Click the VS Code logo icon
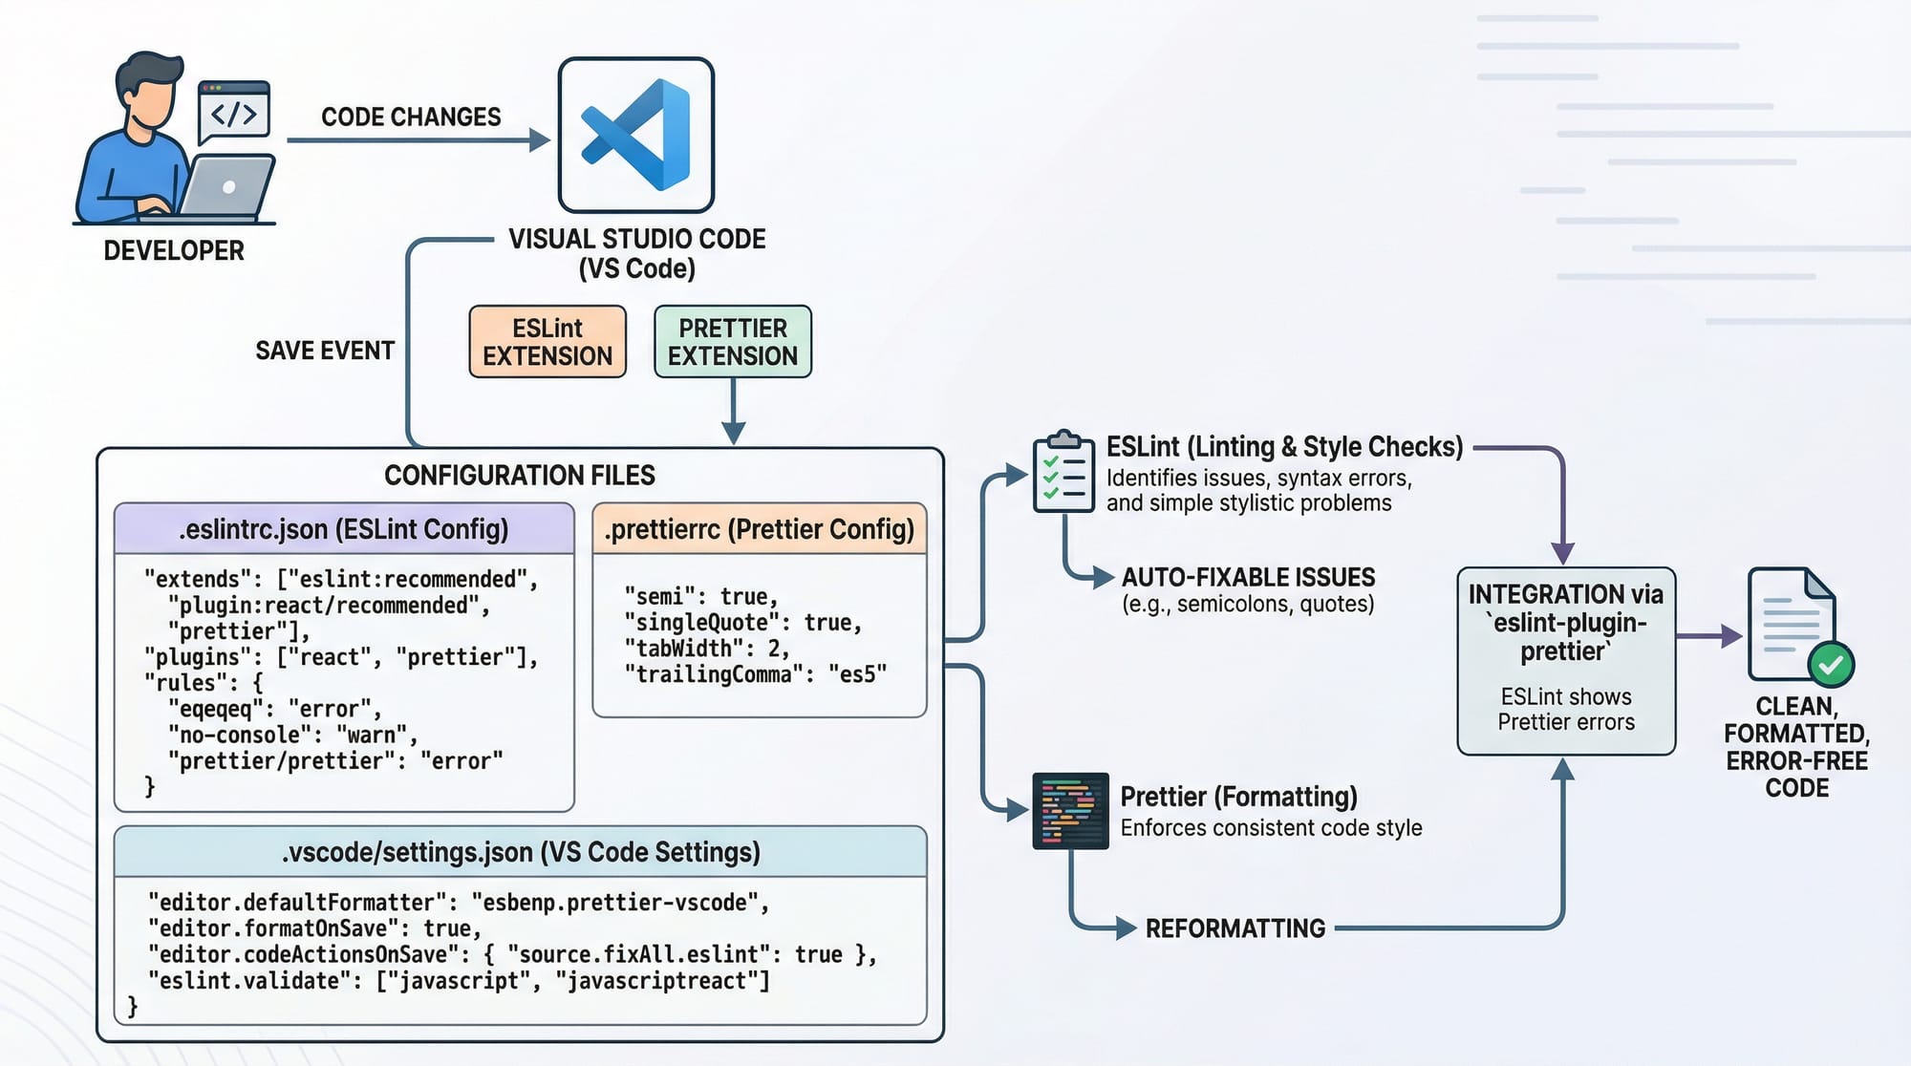click(x=636, y=135)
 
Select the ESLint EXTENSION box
click(x=548, y=342)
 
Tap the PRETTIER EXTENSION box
click(x=733, y=342)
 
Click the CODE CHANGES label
click(x=411, y=117)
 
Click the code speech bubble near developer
click(x=234, y=113)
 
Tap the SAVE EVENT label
click(x=325, y=351)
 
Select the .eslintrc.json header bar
click(x=344, y=529)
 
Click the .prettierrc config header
click(x=760, y=529)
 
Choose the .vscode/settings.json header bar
click(x=521, y=852)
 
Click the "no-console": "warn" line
click(x=292, y=735)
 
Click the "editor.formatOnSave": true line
click(x=315, y=928)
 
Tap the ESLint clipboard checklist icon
click(x=1063, y=472)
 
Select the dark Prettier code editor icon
click(x=1070, y=811)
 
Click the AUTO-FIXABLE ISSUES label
click(x=1248, y=577)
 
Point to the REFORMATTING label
click(x=1235, y=928)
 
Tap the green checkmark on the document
click(x=1831, y=665)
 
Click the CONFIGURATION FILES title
click(x=520, y=475)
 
